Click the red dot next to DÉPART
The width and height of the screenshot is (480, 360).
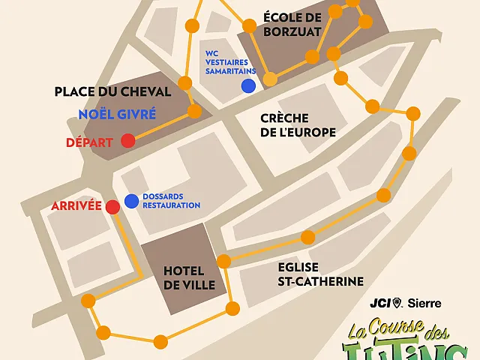128,140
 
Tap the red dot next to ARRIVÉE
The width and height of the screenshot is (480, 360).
112,206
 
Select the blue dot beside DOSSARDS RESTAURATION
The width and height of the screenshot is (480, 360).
131,200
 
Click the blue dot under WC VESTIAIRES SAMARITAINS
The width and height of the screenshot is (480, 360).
247,86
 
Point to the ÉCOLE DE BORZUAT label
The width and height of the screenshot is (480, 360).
292,24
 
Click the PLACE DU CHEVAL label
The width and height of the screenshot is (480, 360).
113,91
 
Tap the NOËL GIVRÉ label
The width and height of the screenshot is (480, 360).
117,115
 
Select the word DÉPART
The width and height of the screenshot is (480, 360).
89,142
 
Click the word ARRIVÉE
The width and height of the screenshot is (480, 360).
76,205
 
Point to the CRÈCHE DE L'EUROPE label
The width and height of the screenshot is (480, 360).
298,125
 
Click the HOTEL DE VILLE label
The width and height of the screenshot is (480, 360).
189,278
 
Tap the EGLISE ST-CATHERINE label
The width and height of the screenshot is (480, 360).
316,274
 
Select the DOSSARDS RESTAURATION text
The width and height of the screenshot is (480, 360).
172,201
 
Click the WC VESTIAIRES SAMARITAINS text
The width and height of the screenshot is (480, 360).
230,62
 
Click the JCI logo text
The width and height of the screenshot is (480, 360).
380,303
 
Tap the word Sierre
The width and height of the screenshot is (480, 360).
424,303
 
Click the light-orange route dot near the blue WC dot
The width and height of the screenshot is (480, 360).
270,79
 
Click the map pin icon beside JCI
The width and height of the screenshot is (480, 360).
398,303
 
